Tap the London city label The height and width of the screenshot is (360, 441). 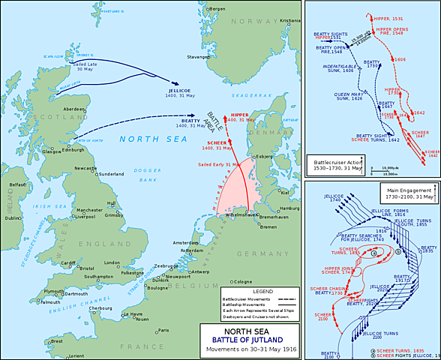click(112, 262)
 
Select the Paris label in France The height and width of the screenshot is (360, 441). click(163, 330)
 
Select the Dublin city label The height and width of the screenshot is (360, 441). click(12, 218)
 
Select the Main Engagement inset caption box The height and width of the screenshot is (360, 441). click(409, 193)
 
